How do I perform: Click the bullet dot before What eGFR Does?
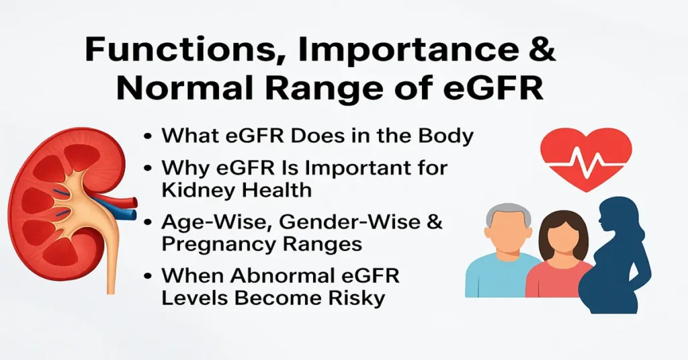[x=147, y=136]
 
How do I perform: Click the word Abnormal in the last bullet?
[x=273, y=276]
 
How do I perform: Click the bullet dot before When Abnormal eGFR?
[x=147, y=277]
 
